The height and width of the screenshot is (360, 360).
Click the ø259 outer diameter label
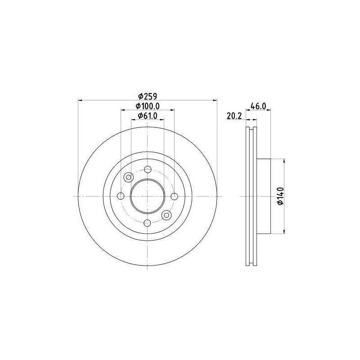point(148,96)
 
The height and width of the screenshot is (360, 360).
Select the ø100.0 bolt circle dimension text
point(148,106)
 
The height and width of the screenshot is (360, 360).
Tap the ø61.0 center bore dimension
point(148,116)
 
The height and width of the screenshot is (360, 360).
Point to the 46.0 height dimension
point(258,106)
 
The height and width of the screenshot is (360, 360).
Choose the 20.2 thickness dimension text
point(234,116)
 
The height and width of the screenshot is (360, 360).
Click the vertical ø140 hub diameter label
point(280,196)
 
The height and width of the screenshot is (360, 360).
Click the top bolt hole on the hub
point(148,170)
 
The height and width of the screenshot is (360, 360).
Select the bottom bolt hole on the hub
point(148,223)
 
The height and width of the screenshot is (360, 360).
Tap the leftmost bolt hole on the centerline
point(121,196)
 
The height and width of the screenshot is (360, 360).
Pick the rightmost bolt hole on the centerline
point(175,196)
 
